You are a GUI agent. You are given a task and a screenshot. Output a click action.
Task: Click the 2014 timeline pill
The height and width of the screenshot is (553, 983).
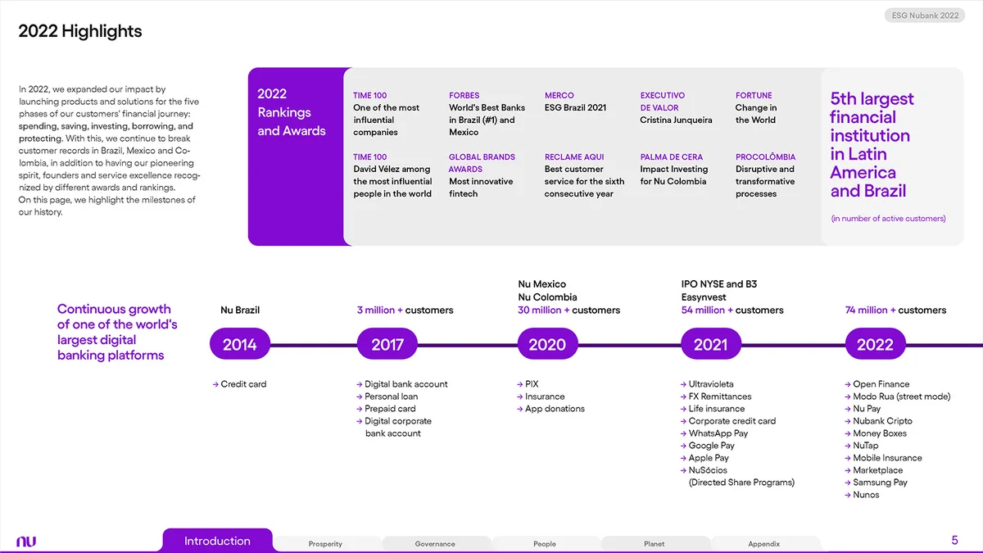(240, 344)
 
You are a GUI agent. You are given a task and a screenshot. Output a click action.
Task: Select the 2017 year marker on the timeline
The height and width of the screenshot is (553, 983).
(387, 344)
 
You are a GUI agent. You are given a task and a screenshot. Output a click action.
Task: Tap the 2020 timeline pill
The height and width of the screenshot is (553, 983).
(547, 344)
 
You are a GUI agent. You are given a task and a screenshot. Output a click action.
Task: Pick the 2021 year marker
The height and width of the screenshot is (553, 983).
(710, 344)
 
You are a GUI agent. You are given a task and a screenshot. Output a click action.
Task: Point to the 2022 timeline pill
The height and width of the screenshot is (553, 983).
(875, 344)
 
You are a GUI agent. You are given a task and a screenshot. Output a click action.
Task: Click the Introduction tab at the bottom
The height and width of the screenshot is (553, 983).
(217, 541)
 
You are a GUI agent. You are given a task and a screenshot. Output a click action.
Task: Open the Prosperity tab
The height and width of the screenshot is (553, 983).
(325, 544)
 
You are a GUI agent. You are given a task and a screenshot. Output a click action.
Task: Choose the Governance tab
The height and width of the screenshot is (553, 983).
(435, 544)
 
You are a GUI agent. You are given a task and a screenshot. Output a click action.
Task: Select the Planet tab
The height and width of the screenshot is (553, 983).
(655, 544)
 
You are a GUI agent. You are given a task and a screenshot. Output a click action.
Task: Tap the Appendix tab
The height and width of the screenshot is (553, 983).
(764, 544)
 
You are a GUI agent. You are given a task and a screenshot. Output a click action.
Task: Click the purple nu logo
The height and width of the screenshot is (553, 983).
(26, 542)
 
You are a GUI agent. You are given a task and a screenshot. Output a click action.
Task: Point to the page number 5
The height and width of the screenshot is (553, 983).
(954, 540)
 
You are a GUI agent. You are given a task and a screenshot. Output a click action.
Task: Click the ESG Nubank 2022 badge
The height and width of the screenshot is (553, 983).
(925, 16)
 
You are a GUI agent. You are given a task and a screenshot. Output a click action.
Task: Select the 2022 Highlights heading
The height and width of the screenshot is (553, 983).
(80, 31)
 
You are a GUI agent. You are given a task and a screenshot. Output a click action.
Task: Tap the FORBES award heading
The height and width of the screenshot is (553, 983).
(464, 95)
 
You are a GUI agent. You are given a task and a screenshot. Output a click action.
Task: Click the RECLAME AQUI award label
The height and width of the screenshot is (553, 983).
(574, 156)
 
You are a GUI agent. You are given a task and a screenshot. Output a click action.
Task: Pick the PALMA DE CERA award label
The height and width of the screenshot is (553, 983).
(672, 156)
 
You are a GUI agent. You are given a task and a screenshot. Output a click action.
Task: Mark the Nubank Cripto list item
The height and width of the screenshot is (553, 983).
(882, 421)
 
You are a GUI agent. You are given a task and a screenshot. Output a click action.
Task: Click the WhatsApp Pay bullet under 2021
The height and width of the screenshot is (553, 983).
(718, 433)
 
